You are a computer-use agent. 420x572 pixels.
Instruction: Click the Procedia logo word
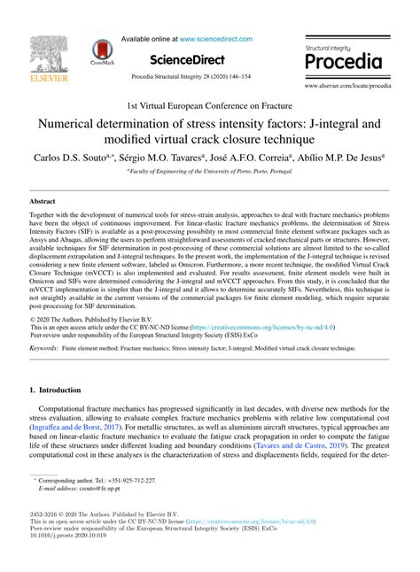343,61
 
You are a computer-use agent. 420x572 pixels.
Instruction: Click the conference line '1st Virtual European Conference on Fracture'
209,104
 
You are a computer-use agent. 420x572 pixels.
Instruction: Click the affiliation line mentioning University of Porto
209,170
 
